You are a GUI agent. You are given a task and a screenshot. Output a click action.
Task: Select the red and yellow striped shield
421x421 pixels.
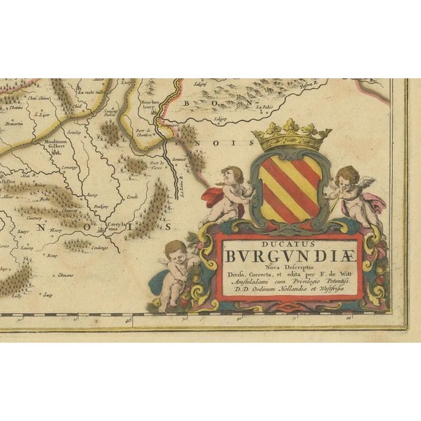[x=289, y=187]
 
